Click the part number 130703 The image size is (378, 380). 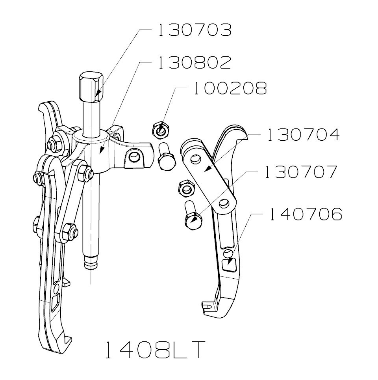[194, 30]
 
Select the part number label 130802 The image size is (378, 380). [194, 63]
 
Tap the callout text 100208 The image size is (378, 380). [230, 89]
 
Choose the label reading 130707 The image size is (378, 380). [301, 172]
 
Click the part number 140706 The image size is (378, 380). [305, 215]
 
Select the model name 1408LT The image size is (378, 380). [155, 350]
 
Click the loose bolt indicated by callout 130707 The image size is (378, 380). [192, 217]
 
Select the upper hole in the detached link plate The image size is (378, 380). [194, 159]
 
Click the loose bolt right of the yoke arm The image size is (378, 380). [166, 156]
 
